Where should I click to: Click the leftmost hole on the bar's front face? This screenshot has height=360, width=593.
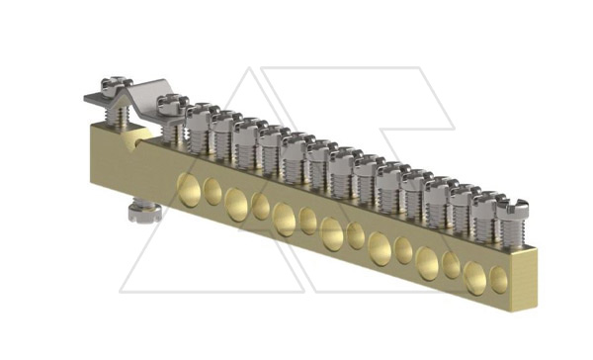point(189,188)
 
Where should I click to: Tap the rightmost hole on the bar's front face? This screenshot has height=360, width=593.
point(499,281)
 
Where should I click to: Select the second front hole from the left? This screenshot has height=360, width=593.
point(213,193)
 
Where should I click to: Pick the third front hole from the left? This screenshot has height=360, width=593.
point(237,203)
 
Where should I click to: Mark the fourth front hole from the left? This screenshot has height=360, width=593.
point(261,207)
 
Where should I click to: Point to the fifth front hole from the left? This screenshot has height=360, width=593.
point(285,218)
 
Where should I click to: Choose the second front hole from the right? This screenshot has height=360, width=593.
point(475,276)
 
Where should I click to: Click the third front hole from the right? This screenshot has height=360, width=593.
point(452,265)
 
